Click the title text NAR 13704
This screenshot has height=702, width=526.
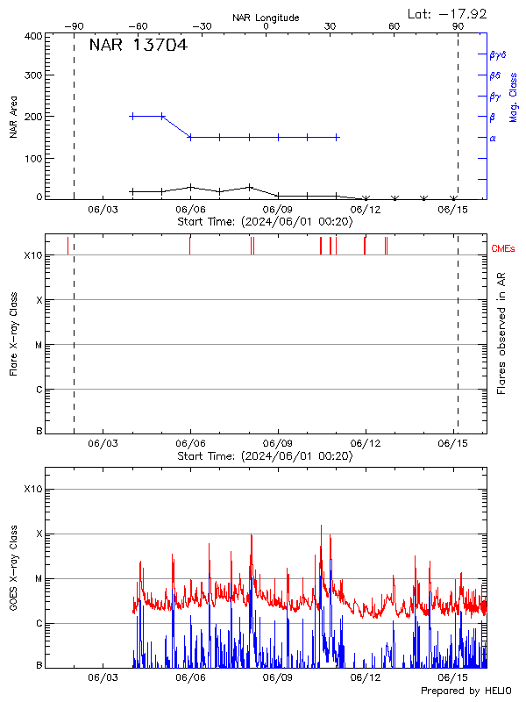(x=138, y=46)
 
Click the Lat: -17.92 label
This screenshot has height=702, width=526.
(x=448, y=13)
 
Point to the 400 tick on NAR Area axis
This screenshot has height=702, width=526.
(x=34, y=37)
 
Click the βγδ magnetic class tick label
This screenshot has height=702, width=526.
(x=498, y=54)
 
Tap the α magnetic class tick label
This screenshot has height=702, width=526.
(x=493, y=138)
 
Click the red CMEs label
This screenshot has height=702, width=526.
(x=503, y=249)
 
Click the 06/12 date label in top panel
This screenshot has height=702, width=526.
(x=365, y=210)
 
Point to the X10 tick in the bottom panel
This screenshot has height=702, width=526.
(x=33, y=489)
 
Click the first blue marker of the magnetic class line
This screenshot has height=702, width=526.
(x=132, y=116)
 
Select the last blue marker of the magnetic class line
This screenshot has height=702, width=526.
(x=337, y=137)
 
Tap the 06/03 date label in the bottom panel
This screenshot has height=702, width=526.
(x=103, y=678)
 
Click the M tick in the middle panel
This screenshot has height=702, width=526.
(x=38, y=345)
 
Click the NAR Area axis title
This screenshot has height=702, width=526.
(x=13, y=118)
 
